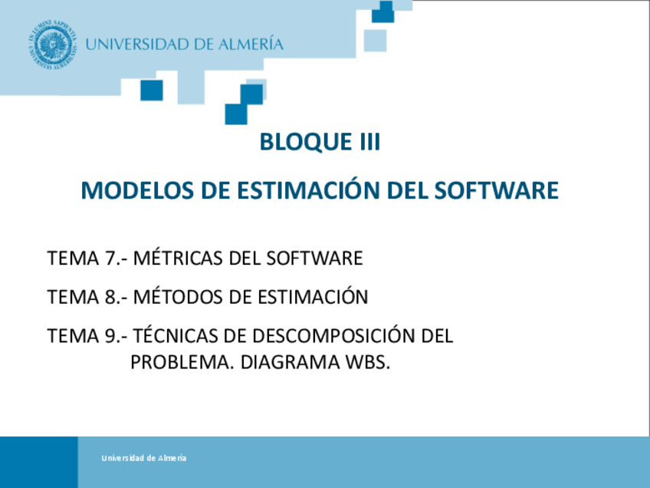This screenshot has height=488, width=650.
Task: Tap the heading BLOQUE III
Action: [x=320, y=143]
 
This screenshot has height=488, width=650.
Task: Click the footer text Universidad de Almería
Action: [x=143, y=458]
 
